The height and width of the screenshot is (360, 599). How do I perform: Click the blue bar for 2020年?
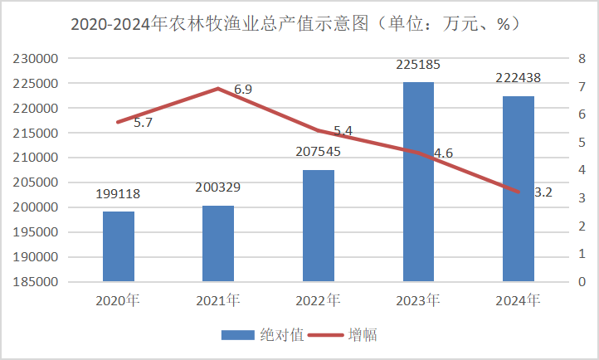coord(118,246)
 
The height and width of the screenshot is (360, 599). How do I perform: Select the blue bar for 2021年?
coord(218,243)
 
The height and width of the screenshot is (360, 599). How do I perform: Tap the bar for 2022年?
coord(318,226)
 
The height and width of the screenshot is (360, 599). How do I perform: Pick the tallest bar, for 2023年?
coord(418,182)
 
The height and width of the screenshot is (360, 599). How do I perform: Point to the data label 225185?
coord(418,64)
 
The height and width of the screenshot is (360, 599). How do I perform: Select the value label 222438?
coord(519,77)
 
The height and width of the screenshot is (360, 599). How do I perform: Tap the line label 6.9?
coord(244,89)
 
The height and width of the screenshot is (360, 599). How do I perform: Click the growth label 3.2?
coord(544,192)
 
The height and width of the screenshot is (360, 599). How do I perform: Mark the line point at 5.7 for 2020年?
coord(118,122)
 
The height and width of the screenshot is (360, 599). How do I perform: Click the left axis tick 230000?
coord(36,60)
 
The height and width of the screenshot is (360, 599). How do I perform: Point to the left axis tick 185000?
coord(36,282)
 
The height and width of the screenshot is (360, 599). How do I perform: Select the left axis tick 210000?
coord(36,158)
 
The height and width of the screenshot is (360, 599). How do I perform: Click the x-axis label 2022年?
coord(318,299)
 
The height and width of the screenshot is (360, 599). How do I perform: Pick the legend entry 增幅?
coord(368,335)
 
